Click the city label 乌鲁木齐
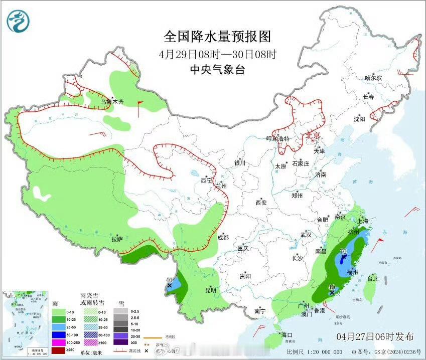(x=111, y=102)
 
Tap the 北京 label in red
(x=313, y=136)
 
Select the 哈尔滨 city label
(x=373, y=78)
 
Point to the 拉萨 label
(x=116, y=239)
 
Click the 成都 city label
(x=223, y=237)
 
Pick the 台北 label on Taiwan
(x=372, y=278)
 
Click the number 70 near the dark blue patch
(x=344, y=252)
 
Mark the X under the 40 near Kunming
(x=169, y=285)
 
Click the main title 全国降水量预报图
(x=217, y=36)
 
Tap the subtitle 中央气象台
(x=217, y=70)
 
